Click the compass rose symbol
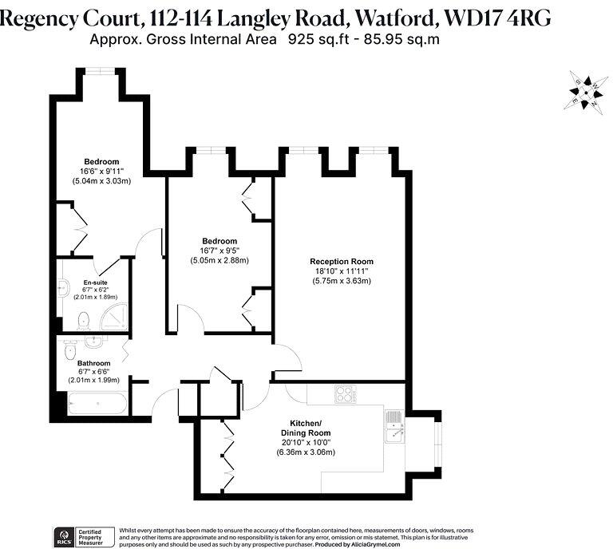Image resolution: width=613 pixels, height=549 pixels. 587,93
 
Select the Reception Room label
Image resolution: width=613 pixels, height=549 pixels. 341,261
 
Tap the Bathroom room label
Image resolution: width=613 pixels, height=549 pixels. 94,363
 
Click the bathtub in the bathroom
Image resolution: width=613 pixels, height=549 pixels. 97,404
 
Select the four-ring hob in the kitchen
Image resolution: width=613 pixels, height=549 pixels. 346,393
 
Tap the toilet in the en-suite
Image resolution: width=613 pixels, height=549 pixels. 81,321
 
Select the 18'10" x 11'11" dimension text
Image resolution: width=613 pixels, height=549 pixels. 341,271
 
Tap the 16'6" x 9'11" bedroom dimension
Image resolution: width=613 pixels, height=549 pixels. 101,172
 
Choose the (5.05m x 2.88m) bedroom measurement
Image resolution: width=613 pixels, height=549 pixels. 219,260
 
